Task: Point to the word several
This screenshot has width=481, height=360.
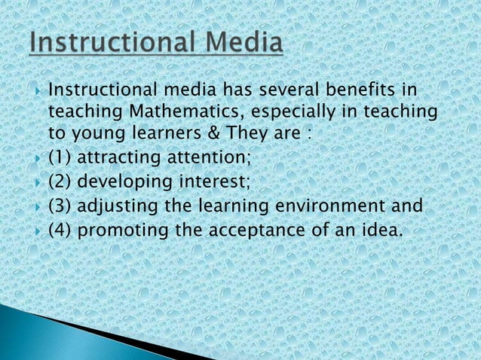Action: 286,92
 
